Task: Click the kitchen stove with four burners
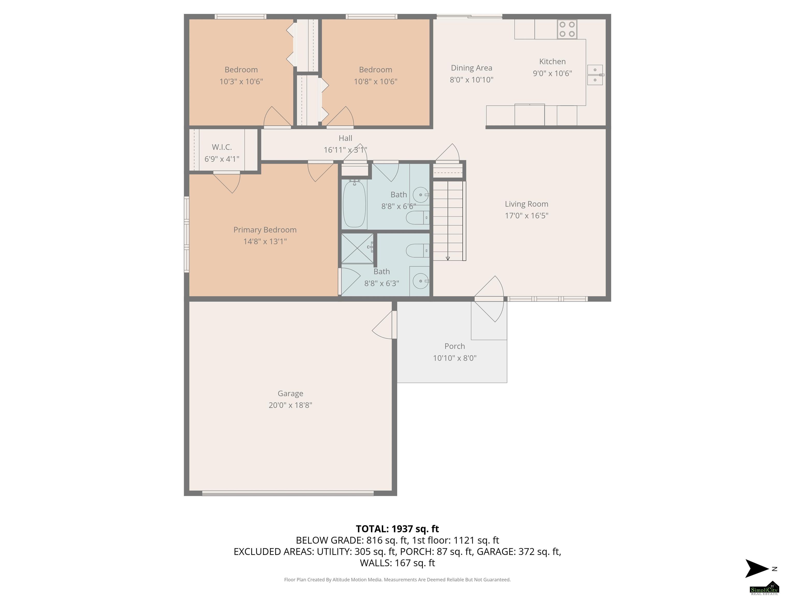[567, 29]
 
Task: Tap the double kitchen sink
[595, 75]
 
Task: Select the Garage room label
[290, 393]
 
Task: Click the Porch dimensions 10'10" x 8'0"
[455, 358]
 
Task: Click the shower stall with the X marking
[357, 249]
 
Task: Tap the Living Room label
[527, 204]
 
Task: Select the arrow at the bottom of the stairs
[448, 258]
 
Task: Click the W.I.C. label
[222, 147]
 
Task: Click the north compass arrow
[757, 568]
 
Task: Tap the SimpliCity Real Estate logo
[764, 588]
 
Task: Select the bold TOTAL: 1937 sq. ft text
[397, 529]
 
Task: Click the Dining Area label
[472, 68]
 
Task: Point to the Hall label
[345, 138]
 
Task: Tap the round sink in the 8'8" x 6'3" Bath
[421, 281]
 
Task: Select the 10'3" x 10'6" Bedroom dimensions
[241, 81]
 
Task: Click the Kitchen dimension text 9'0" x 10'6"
[553, 73]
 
